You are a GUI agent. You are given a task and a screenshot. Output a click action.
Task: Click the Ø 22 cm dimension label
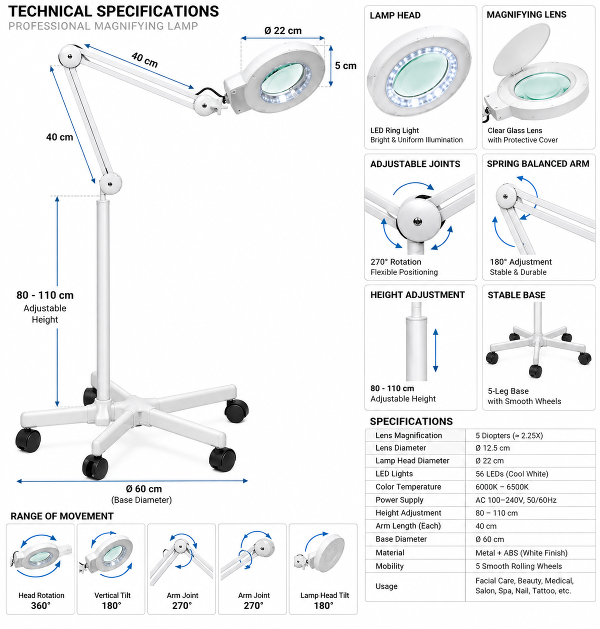[x=283, y=30]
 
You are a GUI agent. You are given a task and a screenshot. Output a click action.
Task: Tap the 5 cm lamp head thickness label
[x=345, y=65]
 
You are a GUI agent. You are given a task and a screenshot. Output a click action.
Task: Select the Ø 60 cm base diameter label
[x=143, y=489]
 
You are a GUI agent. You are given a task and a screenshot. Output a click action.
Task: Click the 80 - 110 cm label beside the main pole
[x=45, y=295]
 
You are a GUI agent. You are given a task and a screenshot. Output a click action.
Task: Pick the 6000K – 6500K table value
[x=502, y=487]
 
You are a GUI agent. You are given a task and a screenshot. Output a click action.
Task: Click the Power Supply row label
[x=399, y=500]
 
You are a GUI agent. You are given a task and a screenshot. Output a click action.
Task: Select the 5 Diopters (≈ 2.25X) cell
[x=509, y=435]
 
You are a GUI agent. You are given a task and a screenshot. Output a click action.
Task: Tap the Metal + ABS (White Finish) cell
[x=521, y=553]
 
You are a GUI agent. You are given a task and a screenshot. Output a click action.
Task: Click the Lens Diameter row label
[x=400, y=448]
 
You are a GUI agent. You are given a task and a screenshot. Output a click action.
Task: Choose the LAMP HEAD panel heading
[x=395, y=15]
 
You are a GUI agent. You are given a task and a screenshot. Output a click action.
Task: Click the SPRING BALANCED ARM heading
[x=538, y=164]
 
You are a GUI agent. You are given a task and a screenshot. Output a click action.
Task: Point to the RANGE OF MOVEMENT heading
[x=62, y=516]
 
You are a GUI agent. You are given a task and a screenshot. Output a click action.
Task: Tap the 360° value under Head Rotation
[x=40, y=605]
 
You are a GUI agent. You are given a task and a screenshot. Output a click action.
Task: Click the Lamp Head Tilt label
[x=324, y=595]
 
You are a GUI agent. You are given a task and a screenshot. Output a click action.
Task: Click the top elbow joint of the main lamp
[x=70, y=56]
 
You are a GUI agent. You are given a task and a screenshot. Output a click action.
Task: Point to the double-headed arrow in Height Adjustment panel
[x=435, y=350]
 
